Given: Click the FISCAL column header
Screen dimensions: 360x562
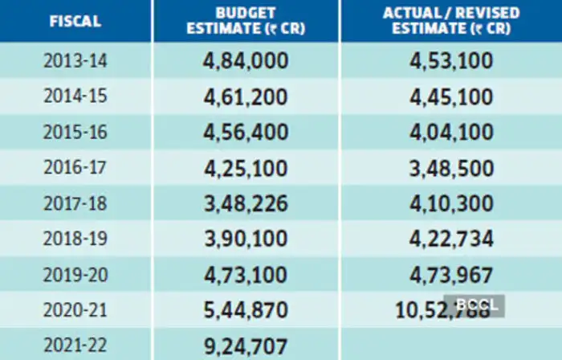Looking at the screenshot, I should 75,21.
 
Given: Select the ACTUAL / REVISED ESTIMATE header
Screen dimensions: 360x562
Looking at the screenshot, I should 450,21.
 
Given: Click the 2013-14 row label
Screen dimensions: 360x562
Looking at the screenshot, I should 75,62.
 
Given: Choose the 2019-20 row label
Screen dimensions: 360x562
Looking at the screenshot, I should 75,274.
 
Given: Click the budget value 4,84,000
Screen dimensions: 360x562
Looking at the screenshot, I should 246,62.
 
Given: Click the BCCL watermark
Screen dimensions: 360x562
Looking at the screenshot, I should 478,305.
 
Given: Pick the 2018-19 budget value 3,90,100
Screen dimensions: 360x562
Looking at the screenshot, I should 246,239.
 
